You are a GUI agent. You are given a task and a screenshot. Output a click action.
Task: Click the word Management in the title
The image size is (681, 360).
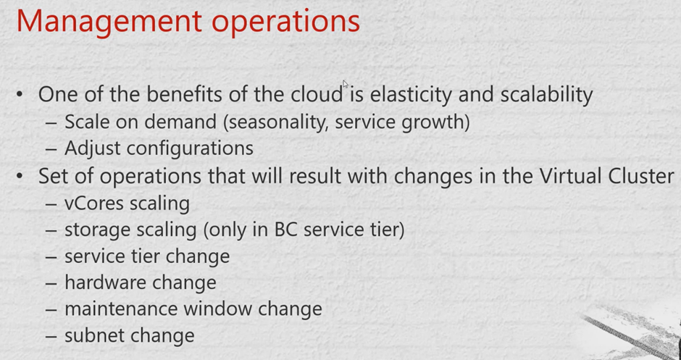(x=109, y=21)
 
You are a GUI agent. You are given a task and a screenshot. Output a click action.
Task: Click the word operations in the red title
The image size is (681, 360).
(x=285, y=23)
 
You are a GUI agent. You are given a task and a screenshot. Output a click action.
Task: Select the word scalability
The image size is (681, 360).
(x=546, y=95)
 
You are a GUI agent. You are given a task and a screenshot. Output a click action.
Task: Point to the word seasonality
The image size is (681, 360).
(x=275, y=122)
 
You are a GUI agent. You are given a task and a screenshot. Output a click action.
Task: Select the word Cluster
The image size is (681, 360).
(x=641, y=176)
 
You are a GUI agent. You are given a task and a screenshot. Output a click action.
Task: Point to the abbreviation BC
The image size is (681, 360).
(x=285, y=230)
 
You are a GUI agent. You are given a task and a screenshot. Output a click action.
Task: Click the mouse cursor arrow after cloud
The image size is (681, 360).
(x=346, y=84)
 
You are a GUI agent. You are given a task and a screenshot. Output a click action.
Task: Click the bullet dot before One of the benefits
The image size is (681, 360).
(x=20, y=94)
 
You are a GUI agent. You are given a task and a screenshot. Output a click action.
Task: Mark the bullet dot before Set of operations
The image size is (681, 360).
(x=20, y=176)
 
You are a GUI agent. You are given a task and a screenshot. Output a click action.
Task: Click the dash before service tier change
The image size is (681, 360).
(x=51, y=257)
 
